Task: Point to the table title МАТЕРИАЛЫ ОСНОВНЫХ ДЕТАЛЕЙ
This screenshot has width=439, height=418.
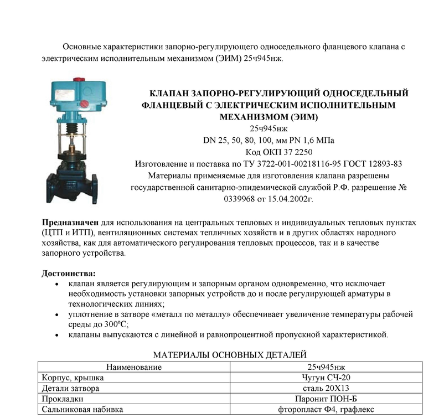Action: point(229,354)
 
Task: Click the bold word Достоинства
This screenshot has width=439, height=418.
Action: point(69,273)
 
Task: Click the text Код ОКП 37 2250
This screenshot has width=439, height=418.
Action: point(275,152)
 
